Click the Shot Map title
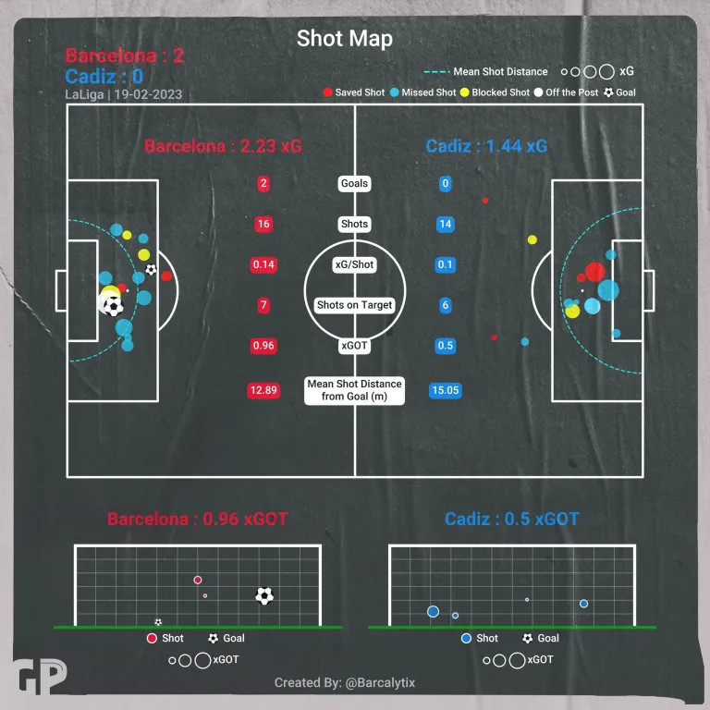[344, 39]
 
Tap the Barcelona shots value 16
[263, 224]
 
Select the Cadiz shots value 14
[445, 224]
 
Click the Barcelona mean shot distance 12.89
[263, 390]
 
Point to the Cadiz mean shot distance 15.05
[445, 390]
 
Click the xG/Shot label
[354, 264]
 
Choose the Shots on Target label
[354, 305]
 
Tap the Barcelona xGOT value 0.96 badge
[263, 346]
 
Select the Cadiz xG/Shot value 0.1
[445, 264]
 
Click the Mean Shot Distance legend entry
[487, 71]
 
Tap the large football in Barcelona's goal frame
[264, 595]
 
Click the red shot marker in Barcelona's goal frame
[198, 580]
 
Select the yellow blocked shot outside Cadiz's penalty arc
[532, 239]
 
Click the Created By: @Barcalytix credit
[345, 683]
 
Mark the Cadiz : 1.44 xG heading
[486, 146]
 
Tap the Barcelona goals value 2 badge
[263, 183]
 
